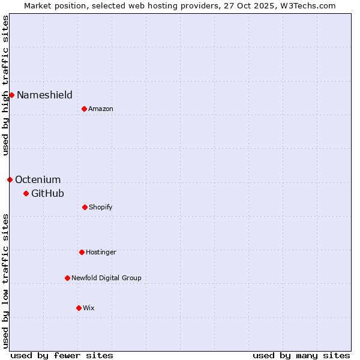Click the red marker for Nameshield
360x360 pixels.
tap(11, 95)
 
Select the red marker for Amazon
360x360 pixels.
tap(84, 109)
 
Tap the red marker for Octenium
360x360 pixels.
tap(10, 179)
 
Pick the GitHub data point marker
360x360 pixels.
tap(26, 193)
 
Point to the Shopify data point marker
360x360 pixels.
tap(85, 207)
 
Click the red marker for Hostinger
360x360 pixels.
tap(82, 252)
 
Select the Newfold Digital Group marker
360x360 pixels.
tap(67, 278)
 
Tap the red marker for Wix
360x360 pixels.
tap(79, 308)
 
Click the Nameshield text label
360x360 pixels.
tap(44, 95)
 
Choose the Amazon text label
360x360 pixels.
tap(101, 109)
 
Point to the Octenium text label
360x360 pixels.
tap(38, 179)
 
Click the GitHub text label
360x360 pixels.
tap(47, 193)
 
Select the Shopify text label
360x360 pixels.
tap(101, 207)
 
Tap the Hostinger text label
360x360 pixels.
tap(101, 252)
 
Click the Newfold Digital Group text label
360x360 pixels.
tap(106, 278)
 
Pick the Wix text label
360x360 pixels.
tap(89, 308)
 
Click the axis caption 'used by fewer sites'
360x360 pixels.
tap(62, 355)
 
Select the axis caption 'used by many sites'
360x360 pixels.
tap(301, 355)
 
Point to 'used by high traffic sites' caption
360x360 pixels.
tap(5, 85)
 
